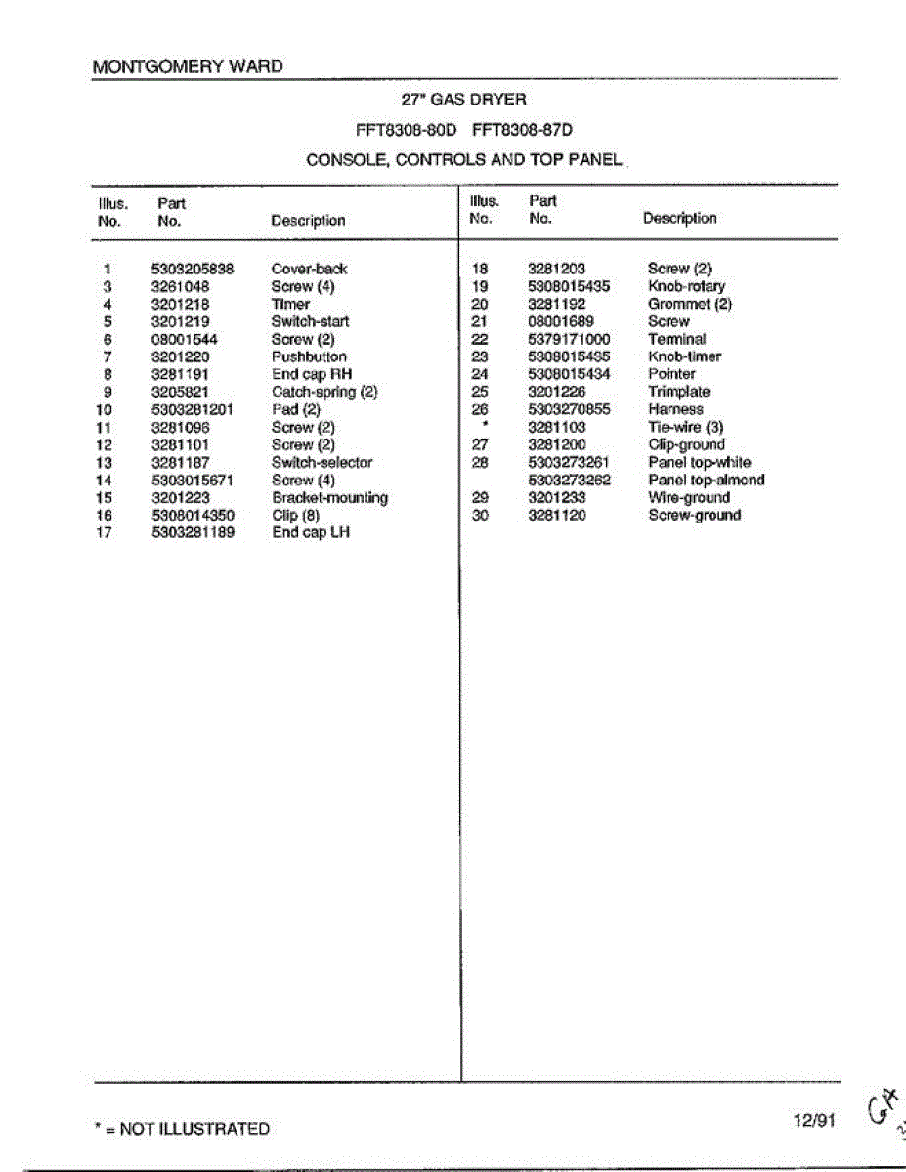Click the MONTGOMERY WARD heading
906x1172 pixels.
tap(187, 67)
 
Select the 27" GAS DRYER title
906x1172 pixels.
tap(463, 100)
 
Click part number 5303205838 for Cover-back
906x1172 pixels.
tap(193, 269)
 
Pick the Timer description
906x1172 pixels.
tap(290, 304)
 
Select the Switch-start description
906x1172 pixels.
tap(310, 321)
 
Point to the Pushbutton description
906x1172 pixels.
tap(309, 356)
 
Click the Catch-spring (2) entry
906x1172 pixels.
tap(324, 392)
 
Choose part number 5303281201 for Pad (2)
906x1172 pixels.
tap(193, 409)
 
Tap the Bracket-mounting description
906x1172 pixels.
tap(329, 497)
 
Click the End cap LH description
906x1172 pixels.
tap(310, 532)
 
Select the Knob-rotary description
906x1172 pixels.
tap(686, 286)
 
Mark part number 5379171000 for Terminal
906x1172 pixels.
tap(569, 339)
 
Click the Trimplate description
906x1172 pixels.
tap(678, 392)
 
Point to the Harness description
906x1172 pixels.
tap(674, 409)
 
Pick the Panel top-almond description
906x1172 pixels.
tap(706, 480)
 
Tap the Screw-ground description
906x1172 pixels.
tap(694, 515)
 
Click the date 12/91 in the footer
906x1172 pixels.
tap(814, 1121)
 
